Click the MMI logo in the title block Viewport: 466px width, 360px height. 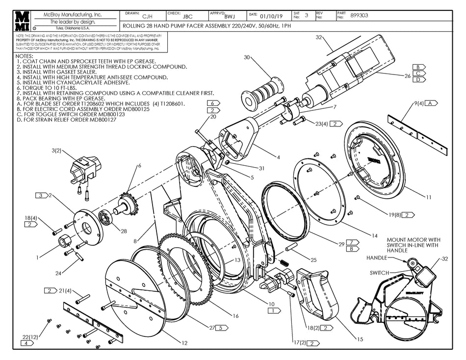[x=22, y=21]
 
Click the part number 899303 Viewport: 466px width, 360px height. [x=360, y=15]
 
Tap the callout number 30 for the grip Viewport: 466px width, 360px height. [x=247, y=57]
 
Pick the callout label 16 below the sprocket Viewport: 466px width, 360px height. [x=235, y=316]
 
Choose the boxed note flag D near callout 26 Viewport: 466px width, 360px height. [x=418, y=79]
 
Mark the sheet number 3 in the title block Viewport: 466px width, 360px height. [x=306, y=15]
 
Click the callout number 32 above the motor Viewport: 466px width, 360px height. [x=318, y=37]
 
